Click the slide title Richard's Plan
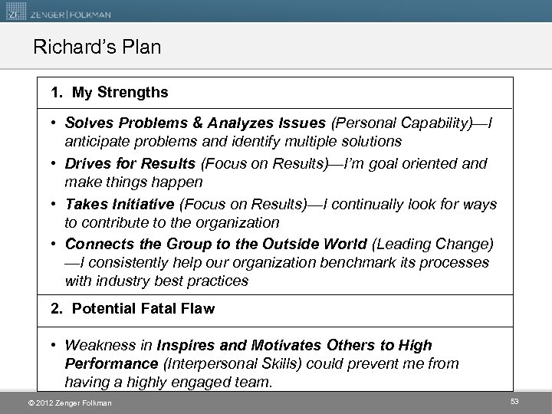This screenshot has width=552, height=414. click(97, 48)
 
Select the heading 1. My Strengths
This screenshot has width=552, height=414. click(110, 93)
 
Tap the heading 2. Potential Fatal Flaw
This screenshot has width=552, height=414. click(133, 308)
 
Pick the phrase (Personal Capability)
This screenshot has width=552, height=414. click(395, 123)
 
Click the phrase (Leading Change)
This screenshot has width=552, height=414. click(432, 245)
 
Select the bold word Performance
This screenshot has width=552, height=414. click(110, 363)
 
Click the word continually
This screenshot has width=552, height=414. click(366, 204)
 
